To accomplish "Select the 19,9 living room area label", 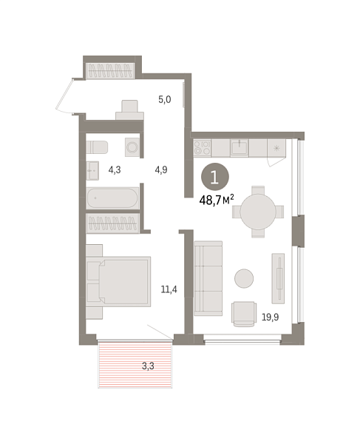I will click(270, 317).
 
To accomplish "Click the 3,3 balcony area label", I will click(149, 365).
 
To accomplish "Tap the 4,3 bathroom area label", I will click(115, 169).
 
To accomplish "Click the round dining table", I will click(257, 212).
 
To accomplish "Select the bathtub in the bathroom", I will click(112, 198).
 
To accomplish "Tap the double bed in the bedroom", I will click(118, 280).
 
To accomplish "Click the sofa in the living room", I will click(208, 277).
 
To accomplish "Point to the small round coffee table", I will click(244, 278).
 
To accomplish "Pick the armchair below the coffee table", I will click(245, 313).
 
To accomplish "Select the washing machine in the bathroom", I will click(132, 147).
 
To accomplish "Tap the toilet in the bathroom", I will click(97, 147).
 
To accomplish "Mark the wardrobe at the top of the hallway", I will click(110, 71).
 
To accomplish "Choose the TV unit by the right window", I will click(278, 278).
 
